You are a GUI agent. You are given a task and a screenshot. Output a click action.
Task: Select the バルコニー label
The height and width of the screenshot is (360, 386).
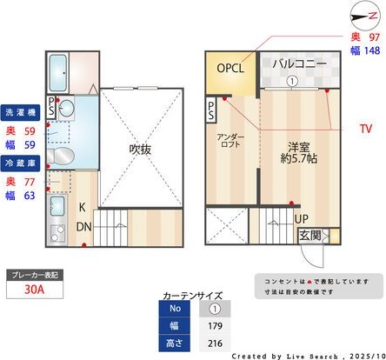point(298,64)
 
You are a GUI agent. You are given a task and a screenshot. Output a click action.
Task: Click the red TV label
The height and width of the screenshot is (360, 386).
point(368,128)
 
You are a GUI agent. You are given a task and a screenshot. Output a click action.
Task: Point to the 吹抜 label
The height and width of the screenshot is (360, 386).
point(141,150)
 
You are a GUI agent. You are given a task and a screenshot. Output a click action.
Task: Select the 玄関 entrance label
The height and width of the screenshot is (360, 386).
point(310,235)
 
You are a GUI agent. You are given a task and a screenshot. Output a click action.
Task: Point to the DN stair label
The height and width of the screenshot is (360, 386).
point(84,226)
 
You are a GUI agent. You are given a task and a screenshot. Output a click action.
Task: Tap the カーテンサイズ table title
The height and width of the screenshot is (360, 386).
point(192,296)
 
